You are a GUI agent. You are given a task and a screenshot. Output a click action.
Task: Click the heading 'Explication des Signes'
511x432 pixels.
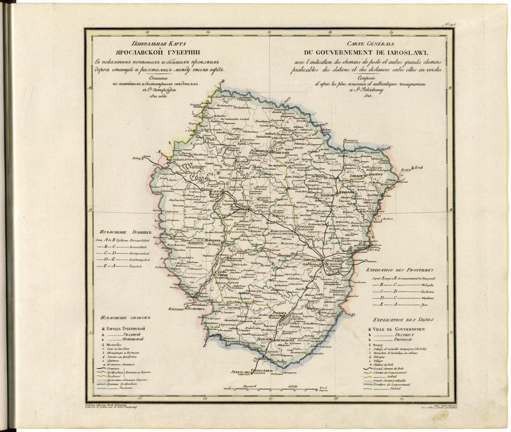click(x=401, y=320)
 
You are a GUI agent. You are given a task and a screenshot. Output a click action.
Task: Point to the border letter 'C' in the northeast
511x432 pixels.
click(x=391, y=147)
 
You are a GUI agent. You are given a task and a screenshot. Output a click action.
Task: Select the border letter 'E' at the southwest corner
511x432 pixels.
click(x=204, y=346)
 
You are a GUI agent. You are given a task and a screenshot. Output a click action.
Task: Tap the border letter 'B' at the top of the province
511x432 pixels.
click(x=222, y=81)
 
